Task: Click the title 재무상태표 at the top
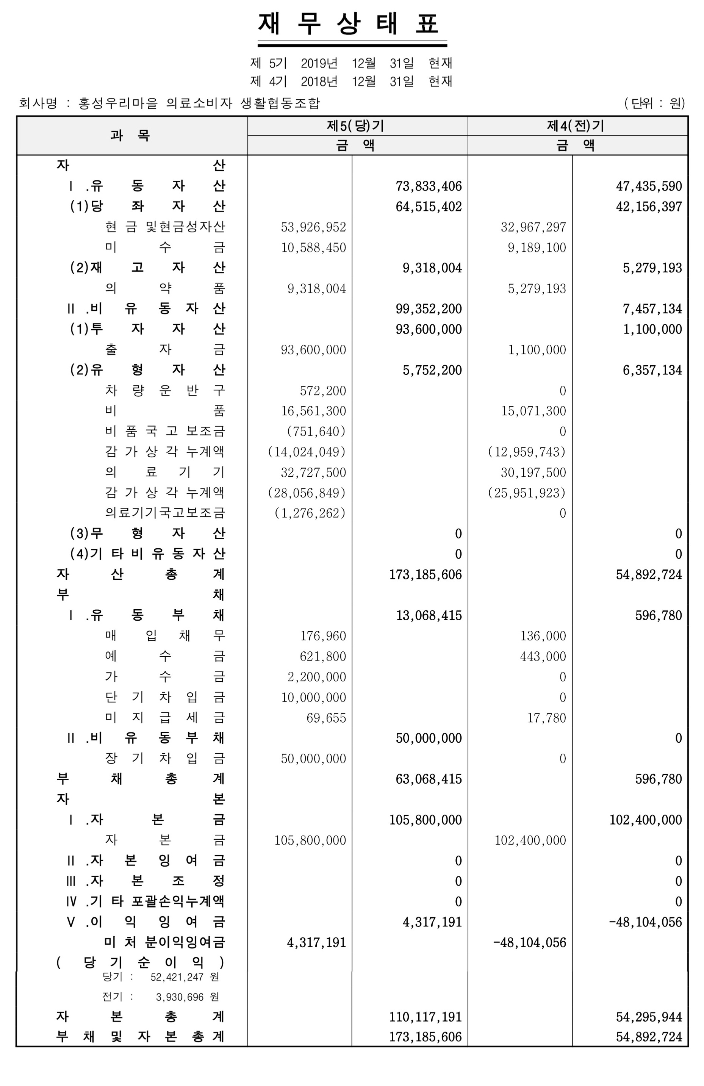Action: coord(352,24)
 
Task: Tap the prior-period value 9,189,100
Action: coord(537,248)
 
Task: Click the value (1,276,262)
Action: coord(310,513)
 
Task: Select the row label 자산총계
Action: coord(141,574)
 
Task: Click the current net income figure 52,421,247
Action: coord(177,977)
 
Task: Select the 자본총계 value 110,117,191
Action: coord(425,1017)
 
